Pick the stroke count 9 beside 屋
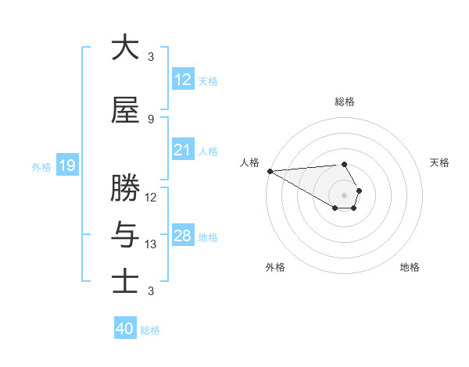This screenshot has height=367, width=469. click(151, 119)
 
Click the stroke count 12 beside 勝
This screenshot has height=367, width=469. click(151, 197)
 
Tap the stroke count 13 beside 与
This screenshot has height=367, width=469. click(151, 244)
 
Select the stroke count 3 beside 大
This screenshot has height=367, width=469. click(151, 57)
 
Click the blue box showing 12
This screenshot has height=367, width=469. click(182, 80)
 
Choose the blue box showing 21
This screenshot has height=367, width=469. click(182, 150)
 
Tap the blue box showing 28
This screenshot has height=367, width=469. click(182, 236)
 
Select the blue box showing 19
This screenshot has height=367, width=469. click(66, 166)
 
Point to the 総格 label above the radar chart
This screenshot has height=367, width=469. click(345, 102)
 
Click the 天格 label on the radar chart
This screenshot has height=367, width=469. click(440, 162)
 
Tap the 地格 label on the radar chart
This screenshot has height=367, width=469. click(410, 267)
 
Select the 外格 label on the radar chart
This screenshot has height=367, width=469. click(275, 267)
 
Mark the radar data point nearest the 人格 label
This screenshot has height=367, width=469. click(270, 170)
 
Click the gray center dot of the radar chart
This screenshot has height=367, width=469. click(345, 194)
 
